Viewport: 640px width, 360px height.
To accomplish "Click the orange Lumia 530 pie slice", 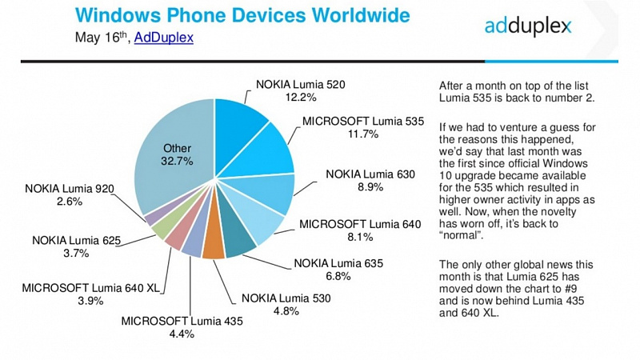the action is [213, 244].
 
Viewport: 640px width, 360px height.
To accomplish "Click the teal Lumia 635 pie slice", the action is [237, 241].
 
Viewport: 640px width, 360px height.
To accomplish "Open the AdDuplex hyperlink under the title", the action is [164, 38].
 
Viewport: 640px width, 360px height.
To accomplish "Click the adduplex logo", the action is [528, 26].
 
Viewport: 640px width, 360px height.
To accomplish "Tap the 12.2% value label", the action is [301, 97].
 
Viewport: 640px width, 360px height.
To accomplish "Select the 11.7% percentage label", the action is [363, 134].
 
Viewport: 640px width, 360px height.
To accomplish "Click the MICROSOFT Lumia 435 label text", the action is [182, 321].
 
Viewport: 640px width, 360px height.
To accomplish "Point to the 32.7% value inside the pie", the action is [177, 162].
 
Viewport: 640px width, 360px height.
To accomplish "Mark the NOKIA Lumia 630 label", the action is [370, 174].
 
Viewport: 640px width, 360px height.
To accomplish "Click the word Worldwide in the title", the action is [361, 15].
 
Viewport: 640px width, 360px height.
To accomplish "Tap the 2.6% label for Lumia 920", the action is [70, 202].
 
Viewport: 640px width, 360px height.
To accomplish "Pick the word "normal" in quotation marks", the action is [459, 235].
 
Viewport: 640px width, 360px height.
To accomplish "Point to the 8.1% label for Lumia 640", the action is [360, 237].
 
